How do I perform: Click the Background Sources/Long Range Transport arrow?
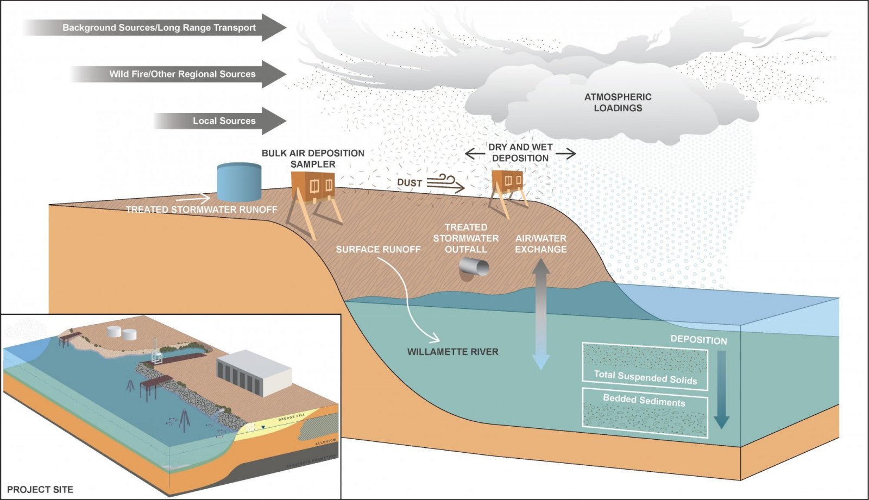tap(158, 28)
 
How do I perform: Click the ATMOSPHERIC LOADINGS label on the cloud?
tap(618, 103)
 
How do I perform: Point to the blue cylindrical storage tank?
tap(239, 182)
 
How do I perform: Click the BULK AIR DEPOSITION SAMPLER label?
tap(313, 159)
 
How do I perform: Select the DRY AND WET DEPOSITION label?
tap(520, 153)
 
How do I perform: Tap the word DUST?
tap(410, 183)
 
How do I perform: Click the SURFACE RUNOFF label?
tap(378, 249)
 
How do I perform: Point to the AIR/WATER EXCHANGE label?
tap(541, 244)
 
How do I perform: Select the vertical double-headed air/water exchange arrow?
tap(541, 315)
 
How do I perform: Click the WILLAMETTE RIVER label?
tap(453, 352)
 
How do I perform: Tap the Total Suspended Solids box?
tap(645, 366)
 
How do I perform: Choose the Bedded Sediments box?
tap(645, 413)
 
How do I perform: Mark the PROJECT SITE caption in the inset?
tap(40, 490)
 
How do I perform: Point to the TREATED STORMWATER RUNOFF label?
tap(201, 210)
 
